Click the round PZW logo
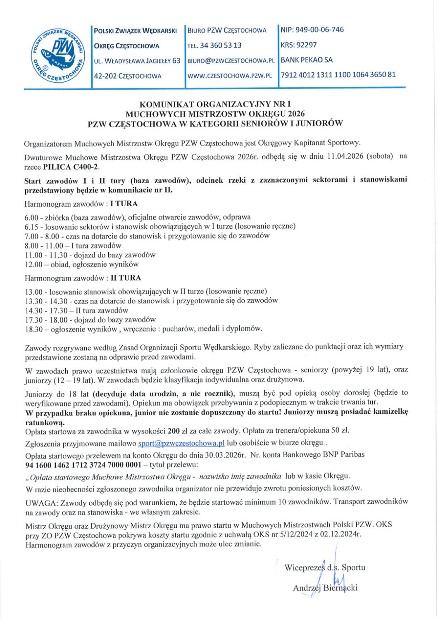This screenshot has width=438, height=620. [57, 54]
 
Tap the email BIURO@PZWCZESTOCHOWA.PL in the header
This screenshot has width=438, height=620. [231, 61]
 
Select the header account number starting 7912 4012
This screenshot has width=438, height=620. [338, 75]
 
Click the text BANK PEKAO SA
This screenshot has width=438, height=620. [307, 60]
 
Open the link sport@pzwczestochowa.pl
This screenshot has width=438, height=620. [181, 443]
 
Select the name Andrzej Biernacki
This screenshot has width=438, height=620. [325, 588]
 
